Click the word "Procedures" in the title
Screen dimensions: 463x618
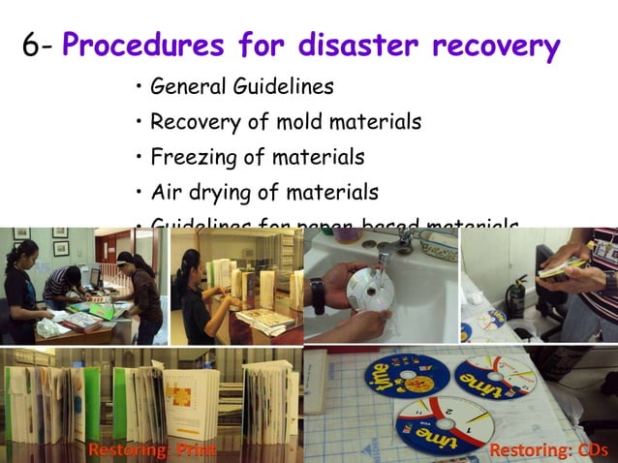click(x=165, y=46)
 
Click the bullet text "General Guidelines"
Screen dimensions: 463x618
click(x=242, y=87)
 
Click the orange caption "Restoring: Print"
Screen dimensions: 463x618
click(x=150, y=450)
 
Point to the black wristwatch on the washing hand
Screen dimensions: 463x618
click(x=317, y=294)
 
